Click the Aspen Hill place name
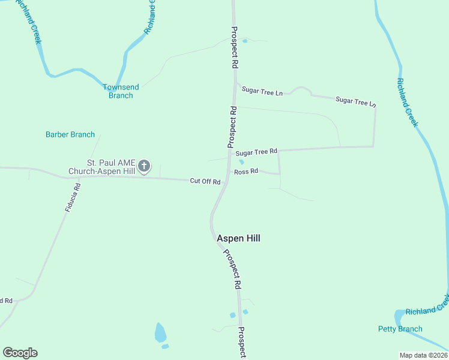238,238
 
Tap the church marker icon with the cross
144,166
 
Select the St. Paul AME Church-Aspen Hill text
110,167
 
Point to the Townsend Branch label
121,91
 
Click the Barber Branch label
70,134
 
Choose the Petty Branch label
400,329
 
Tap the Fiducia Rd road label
73,197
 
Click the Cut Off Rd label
205,181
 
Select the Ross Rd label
246,172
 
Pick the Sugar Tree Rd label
256,152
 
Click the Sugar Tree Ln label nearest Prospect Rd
262,92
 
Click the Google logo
20,353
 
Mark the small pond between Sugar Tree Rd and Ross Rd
241,161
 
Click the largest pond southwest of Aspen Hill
160,332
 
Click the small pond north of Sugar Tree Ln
244,40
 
